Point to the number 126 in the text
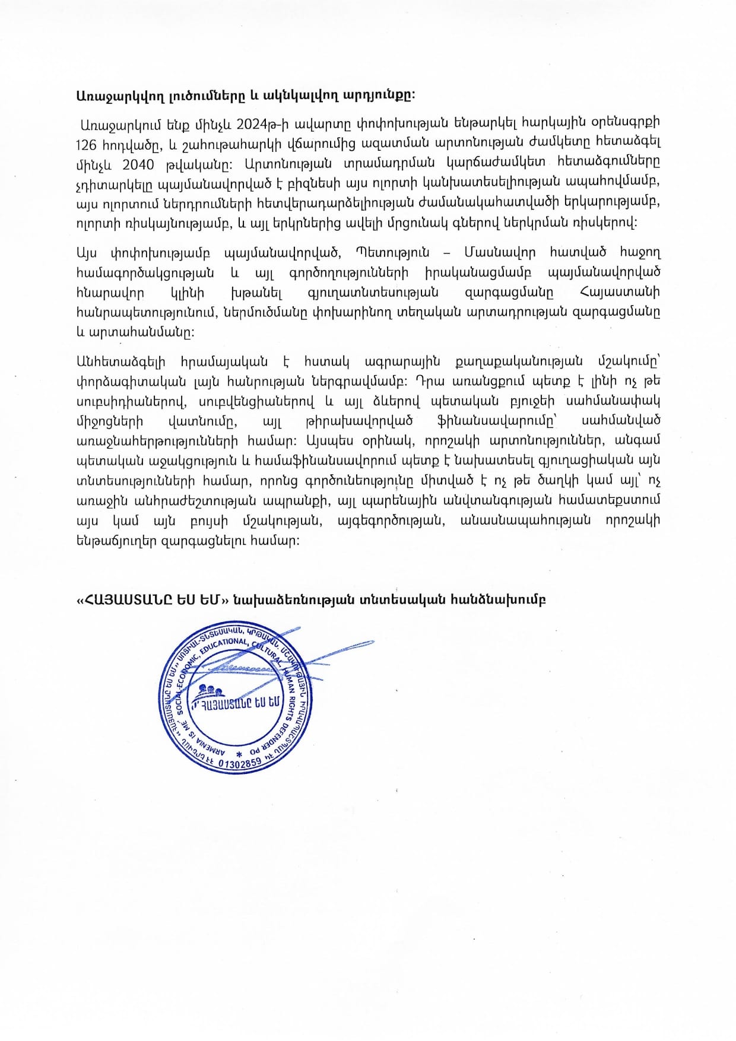87,144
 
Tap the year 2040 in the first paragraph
138,164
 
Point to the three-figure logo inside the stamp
211,691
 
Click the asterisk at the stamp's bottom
239,754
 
